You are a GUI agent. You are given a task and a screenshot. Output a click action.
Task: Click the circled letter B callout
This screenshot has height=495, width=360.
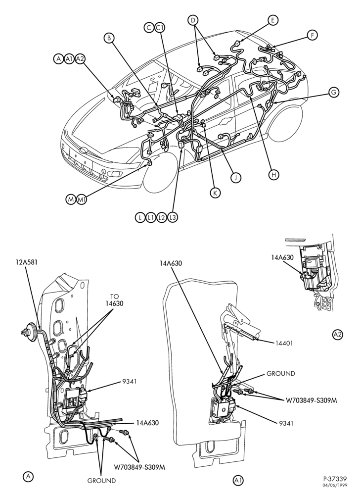click(109, 38)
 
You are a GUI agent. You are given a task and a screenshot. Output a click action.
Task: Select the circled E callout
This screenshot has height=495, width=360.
click(273, 20)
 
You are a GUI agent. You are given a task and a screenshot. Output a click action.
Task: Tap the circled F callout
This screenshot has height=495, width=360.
click(312, 35)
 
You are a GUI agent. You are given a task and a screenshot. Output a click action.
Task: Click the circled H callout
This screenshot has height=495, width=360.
click(274, 175)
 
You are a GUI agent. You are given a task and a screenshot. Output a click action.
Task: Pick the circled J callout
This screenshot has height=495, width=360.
click(235, 178)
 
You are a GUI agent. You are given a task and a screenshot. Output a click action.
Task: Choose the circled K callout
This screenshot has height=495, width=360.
click(215, 193)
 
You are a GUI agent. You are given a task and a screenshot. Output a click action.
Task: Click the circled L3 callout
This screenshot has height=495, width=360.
click(173, 217)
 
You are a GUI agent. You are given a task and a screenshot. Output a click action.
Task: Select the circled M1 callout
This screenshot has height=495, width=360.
click(82, 199)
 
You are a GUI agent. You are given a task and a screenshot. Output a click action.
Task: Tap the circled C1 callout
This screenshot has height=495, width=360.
click(160, 27)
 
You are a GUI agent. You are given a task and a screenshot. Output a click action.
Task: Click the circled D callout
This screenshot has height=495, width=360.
click(193, 20)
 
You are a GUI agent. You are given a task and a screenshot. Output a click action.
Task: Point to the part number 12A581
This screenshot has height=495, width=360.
click(27, 262)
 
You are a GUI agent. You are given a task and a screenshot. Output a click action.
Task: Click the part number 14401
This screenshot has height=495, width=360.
click(284, 343)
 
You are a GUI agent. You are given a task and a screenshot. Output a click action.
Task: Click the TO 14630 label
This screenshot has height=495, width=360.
click(114, 300)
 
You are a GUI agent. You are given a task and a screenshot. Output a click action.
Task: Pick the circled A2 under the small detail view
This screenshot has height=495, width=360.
click(338, 335)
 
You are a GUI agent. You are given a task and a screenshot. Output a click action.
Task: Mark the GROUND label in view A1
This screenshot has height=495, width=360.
click(281, 373)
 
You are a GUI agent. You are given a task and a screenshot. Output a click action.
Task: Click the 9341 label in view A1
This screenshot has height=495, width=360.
click(286, 423)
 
